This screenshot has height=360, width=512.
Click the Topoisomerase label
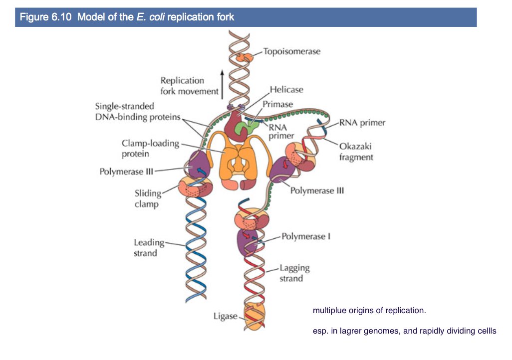291,51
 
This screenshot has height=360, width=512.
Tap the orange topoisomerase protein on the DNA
244,57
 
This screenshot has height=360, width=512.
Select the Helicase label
286,90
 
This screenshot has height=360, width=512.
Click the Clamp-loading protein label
150,149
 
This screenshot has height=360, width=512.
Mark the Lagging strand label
294,273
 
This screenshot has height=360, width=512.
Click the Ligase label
226,316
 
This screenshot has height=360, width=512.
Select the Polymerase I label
306,236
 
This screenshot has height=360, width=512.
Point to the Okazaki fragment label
356,152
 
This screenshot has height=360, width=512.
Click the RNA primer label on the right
362,123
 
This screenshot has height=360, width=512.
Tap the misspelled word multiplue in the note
329,311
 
